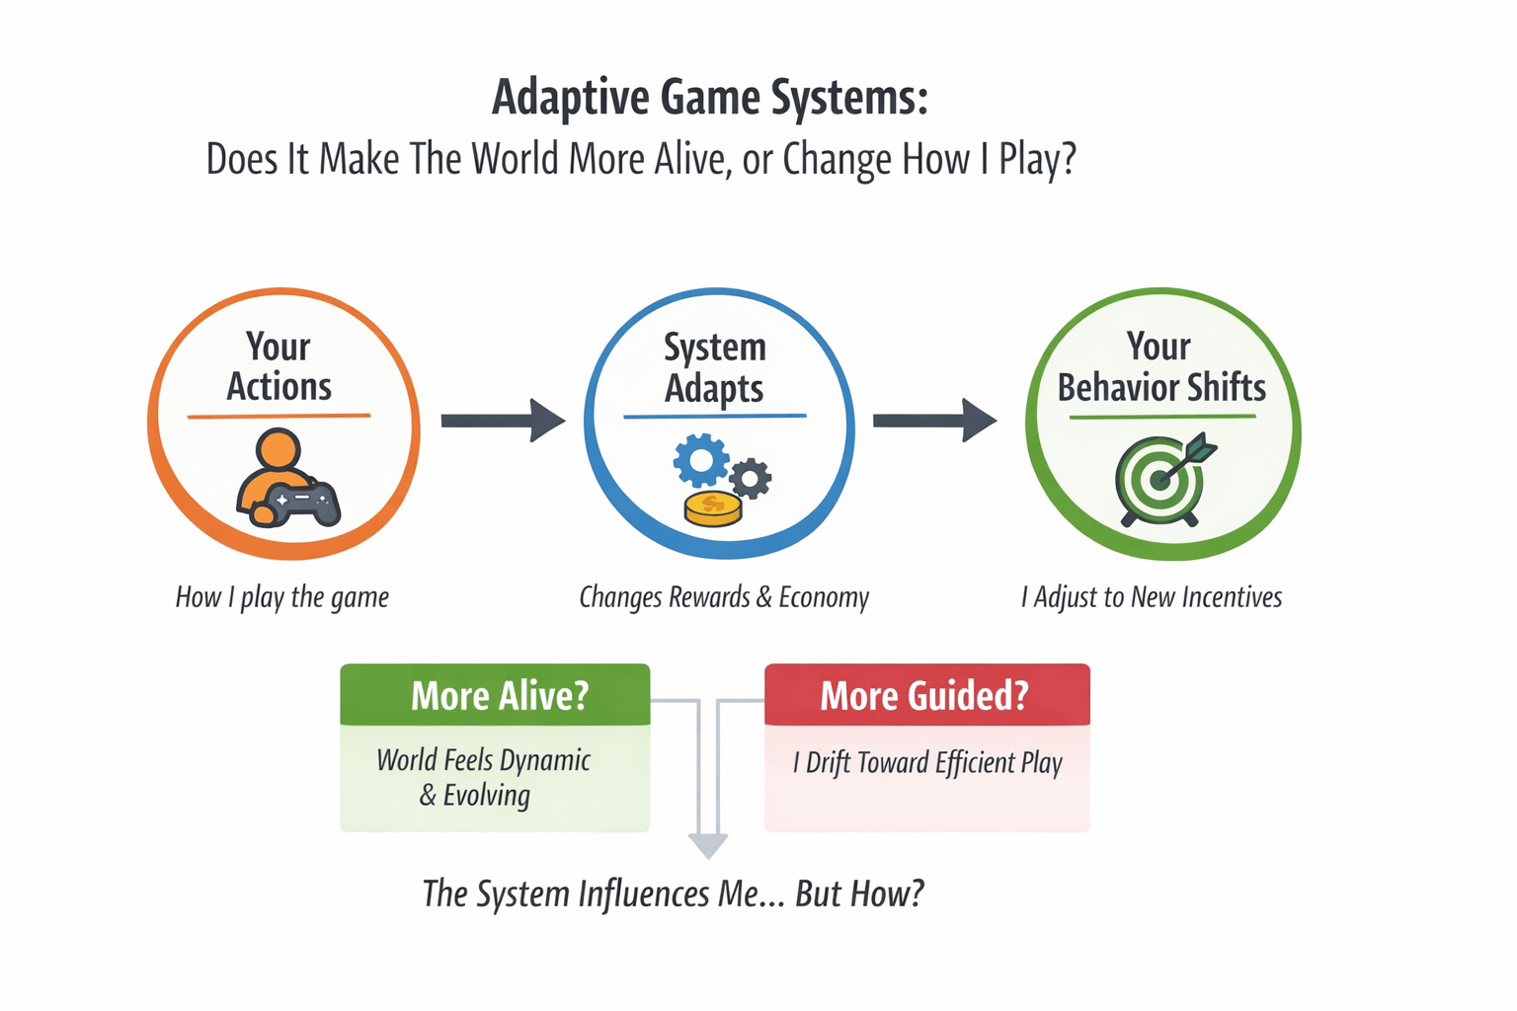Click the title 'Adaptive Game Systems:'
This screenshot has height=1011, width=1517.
click(x=709, y=99)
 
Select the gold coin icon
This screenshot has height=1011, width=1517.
click(x=713, y=509)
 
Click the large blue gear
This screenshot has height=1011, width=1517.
click(x=700, y=459)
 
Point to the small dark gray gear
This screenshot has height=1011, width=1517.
click(x=752, y=479)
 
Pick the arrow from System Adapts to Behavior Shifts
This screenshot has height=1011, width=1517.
click(x=934, y=421)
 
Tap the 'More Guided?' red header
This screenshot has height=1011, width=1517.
click(x=926, y=696)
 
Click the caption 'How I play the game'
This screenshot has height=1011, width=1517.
click(x=282, y=597)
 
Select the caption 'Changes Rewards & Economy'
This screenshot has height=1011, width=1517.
click(x=724, y=597)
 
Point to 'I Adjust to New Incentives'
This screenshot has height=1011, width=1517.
click(x=1152, y=597)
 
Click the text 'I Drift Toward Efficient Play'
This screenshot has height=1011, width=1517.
click(x=927, y=763)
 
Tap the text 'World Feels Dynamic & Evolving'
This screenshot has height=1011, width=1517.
click(x=483, y=777)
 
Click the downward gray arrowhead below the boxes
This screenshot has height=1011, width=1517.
click(x=708, y=845)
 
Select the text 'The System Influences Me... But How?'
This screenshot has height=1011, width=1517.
click(x=673, y=894)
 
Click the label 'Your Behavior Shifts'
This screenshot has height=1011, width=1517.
click(x=1161, y=367)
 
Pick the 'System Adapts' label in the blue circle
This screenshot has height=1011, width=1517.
click(x=715, y=367)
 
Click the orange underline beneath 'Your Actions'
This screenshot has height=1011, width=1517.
click(x=279, y=417)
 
